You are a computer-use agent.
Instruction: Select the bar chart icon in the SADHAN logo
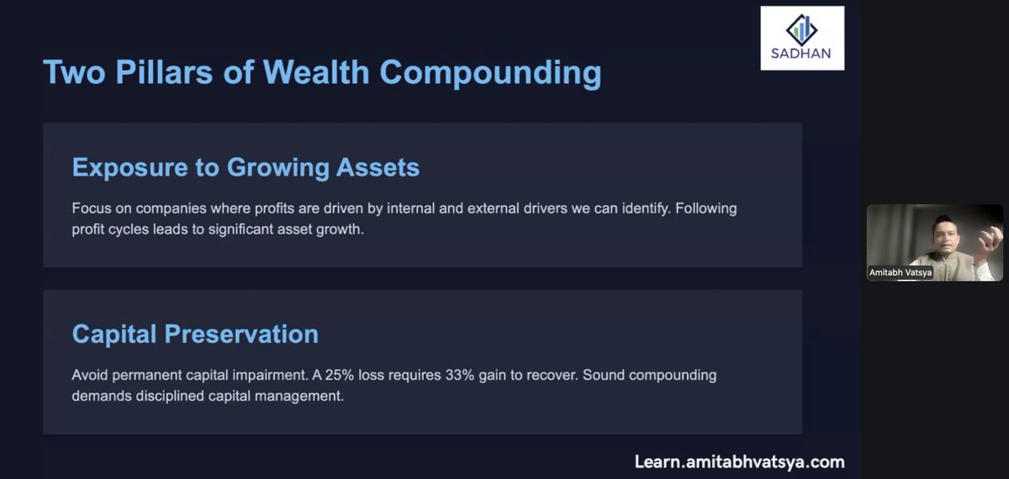click(x=802, y=28)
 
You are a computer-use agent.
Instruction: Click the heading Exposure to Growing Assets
click(x=246, y=167)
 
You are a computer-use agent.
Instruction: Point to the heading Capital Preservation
click(x=195, y=334)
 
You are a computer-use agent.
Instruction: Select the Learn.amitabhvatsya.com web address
click(x=739, y=461)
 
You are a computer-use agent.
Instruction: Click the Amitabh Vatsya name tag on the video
click(x=900, y=272)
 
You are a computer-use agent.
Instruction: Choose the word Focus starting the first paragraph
click(x=91, y=208)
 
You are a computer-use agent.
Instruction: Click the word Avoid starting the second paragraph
click(x=91, y=375)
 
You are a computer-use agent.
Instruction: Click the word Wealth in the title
click(x=317, y=72)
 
